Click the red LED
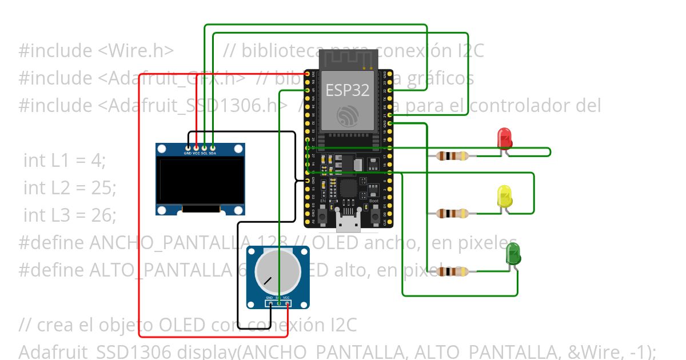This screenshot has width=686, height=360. click(x=505, y=138)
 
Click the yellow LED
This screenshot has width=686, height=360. click(x=505, y=196)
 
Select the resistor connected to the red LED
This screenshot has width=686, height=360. click(x=452, y=155)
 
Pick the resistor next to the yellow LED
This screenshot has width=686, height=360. click(x=452, y=214)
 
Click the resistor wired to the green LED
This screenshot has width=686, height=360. click(x=452, y=271)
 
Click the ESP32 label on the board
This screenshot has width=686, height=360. click(x=348, y=90)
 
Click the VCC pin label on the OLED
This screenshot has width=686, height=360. click(x=196, y=153)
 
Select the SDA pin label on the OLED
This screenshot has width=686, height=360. click(x=212, y=153)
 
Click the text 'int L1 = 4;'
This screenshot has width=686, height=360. click(x=65, y=161)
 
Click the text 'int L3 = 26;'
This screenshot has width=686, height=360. click(x=70, y=215)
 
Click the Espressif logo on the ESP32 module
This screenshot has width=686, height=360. click(x=347, y=116)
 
